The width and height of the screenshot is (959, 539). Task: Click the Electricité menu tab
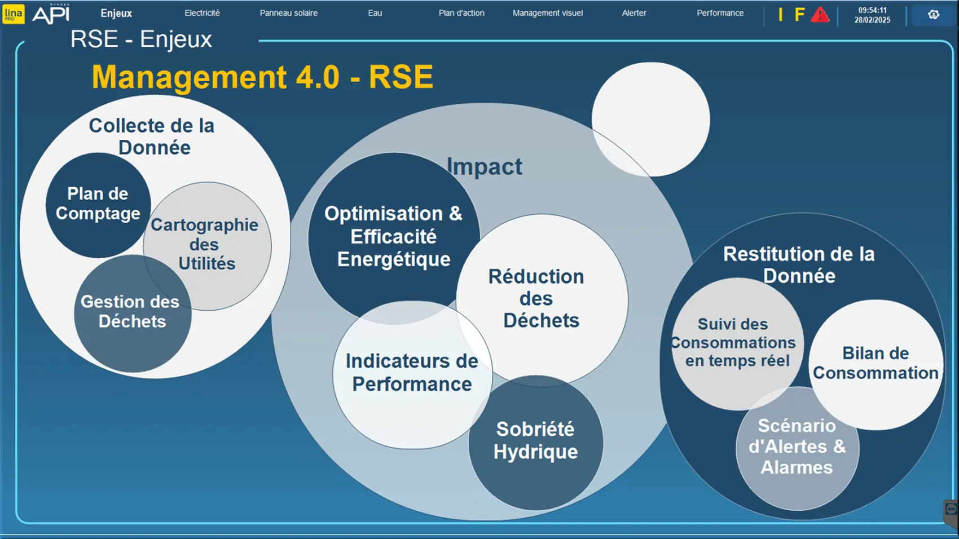pyautogui.click(x=202, y=13)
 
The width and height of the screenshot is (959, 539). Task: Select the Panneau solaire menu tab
pyautogui.click(x=289, y=13)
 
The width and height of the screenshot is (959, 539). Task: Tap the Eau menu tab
pyautogui.click(x=375, y=13)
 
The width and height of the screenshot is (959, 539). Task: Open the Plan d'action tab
pyautogui.click(x=461, y=13)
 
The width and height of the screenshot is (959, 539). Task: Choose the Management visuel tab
pyautogui.click(x=548, y=13)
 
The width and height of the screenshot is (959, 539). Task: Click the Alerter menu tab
pyautogui.click(x=634, y=13)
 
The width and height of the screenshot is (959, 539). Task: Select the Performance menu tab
pyautogui.click(x=720, y=13)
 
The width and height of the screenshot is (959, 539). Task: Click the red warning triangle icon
pyautogui.click(x=820, y=15)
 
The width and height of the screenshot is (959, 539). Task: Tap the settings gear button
pyautogui.click(x=933, y=15)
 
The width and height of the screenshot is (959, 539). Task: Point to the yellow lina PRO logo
pyautogui.click(x=14, y=14)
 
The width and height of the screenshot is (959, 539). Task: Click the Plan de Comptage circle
pyautogui.click(x=98, y=205)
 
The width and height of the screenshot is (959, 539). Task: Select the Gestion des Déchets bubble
pyautogui.click(x=133, y=313)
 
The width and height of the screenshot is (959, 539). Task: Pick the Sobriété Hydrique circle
pyautogui.click(x=535, y=443)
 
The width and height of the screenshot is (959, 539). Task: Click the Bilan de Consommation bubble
pyautogui.click(x=876, y=364)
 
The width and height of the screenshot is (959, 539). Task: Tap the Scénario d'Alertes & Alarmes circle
pyautogui.click(x=797, y=448)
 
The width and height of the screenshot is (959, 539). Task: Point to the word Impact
pyautogui.click(x=484, y=167)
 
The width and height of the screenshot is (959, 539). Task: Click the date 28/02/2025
pyautogui.click(x=872, y=20)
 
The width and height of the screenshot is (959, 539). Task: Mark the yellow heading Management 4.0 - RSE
pyautogui.click(x=262, y=77)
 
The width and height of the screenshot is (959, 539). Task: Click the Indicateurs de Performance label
pyautogui.click(x=412, y=373)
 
